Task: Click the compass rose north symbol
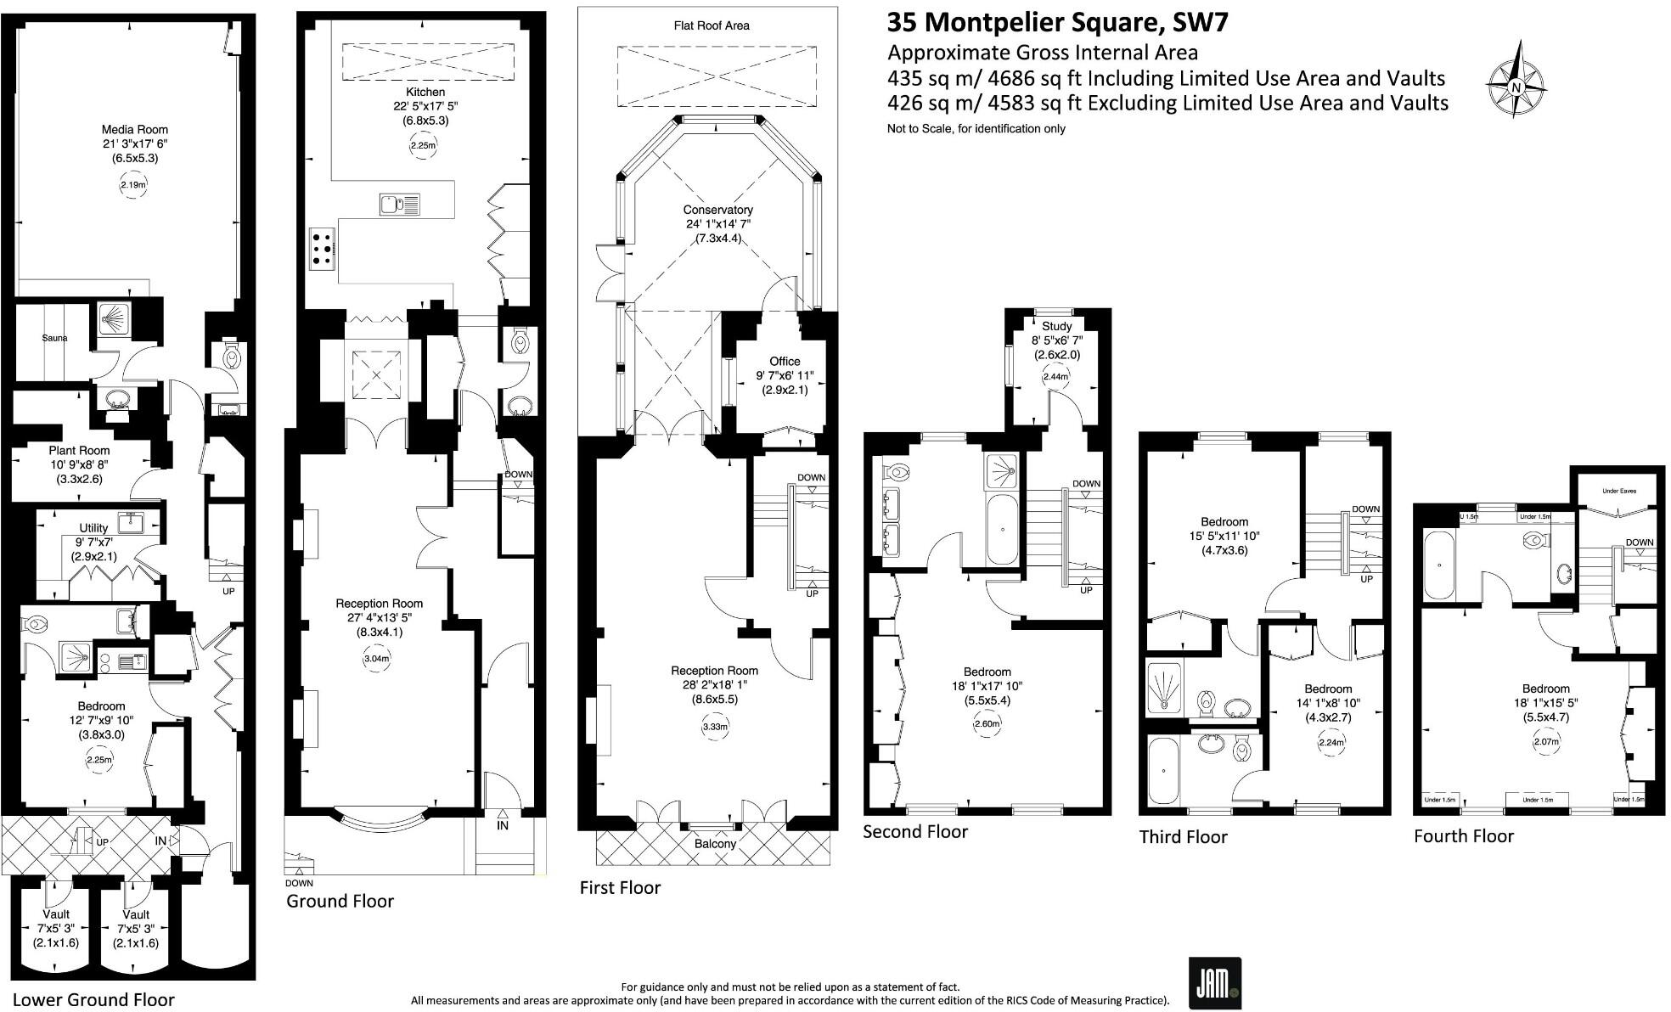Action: coord(1516,86)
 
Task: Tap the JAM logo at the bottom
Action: coord(1214,983)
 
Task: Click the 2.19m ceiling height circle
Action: coord(132,185)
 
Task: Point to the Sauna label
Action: coord(54,338)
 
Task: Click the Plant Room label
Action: coord(79,451)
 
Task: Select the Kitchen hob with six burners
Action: coord(323,248)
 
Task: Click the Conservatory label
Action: coord(717,210)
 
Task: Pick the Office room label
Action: coord(785,361)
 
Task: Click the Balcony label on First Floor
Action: coord(715,844)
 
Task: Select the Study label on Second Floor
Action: coord(1056,326)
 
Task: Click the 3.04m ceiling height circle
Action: coord(376,659)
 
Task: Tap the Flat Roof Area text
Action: coord(706,25)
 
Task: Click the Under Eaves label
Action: coord(1618,491)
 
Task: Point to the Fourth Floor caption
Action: coord(1463,836)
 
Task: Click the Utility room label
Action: coord(93,528)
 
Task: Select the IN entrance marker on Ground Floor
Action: coord(503,824)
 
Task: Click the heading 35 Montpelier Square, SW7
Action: coord(1057,22)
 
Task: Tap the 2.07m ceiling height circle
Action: coord(1546,742)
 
